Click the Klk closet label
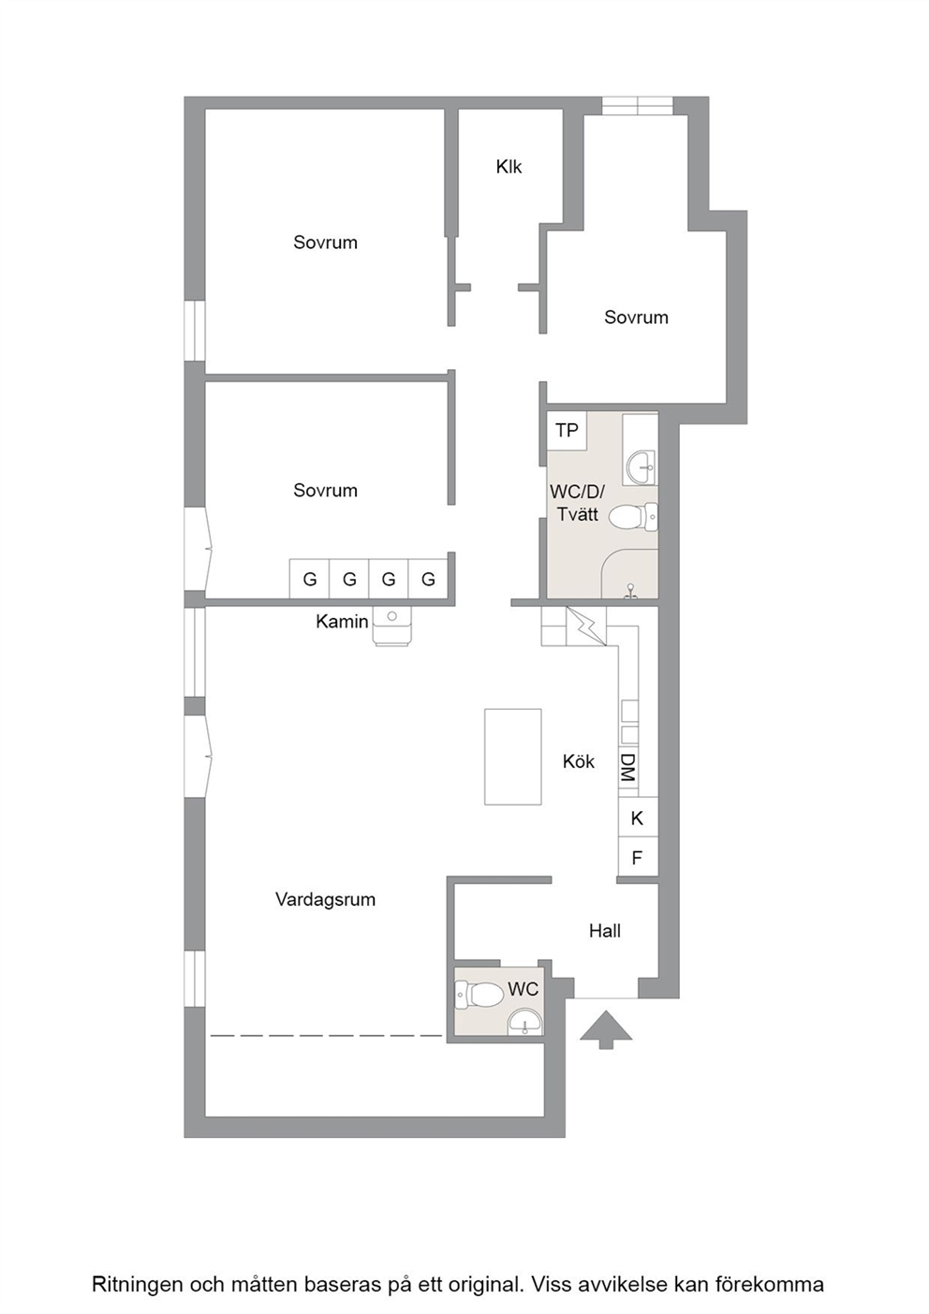(x=509, y=168)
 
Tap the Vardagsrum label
(x=326, y=900)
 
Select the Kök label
(x=578, y=762)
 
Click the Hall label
(x=605, y=931)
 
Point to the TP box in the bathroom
(x=567, y=431)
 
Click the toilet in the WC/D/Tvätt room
(x=633, y=517)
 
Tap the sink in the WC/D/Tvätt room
(x=641, y=467)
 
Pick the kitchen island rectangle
(x=512, y=757)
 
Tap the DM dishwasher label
(x=628, y=768)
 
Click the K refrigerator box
(x=638, y=817)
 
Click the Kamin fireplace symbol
(x=391, y=627)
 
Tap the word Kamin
(x=342, y=622)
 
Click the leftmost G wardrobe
(x=310, y=579)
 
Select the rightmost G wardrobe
(x=428, y=579)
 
